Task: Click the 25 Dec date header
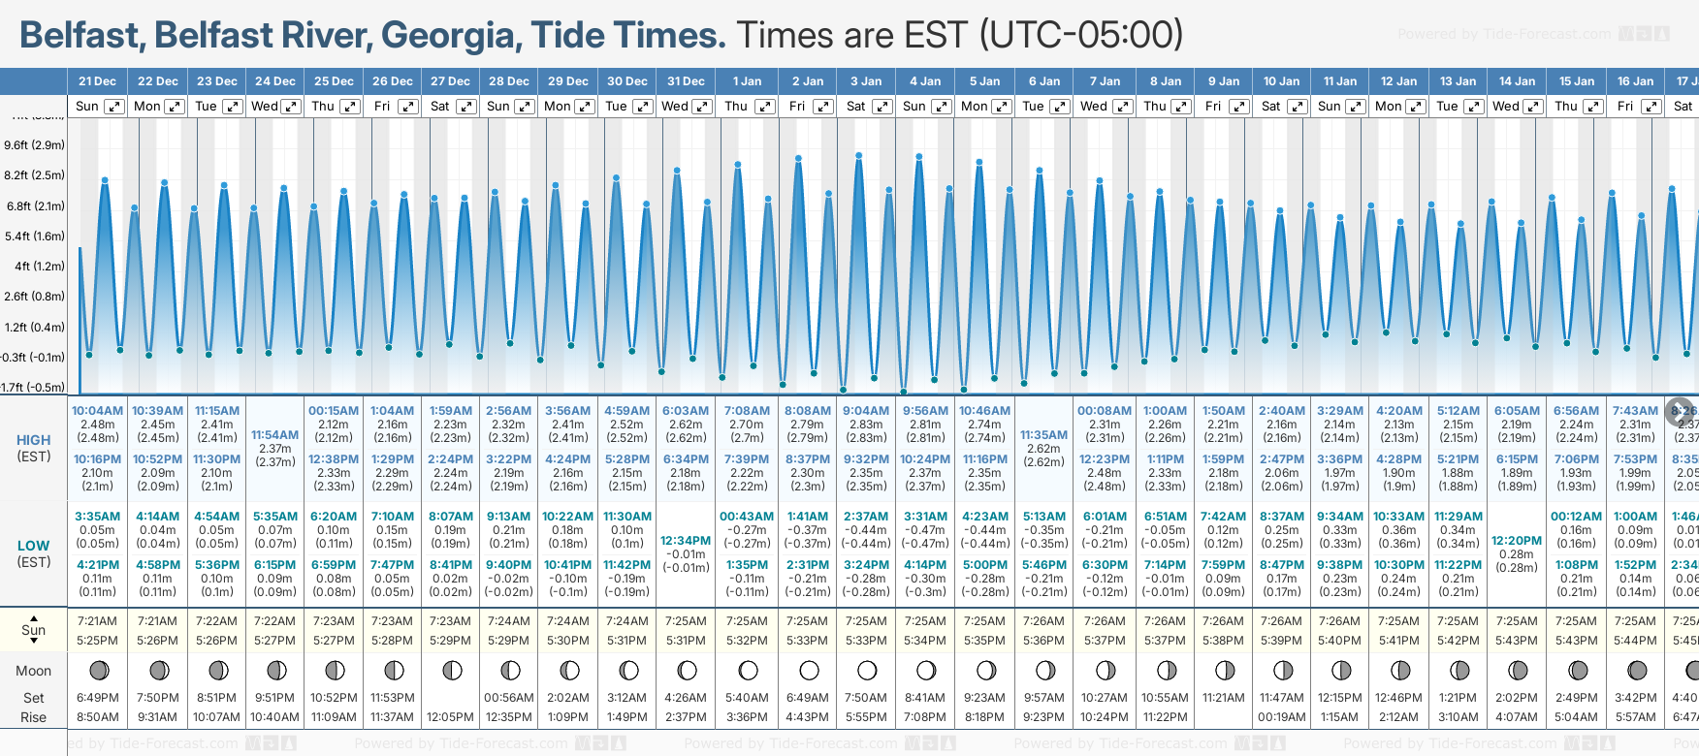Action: point(334,81)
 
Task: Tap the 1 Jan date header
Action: point(747,81)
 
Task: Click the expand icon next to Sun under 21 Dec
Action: point(114,107)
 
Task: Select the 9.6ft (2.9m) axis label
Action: point(34,145)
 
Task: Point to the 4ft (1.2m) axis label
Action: point(36,266)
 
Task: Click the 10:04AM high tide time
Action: point(97,411)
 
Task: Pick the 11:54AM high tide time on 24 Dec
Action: point(275,435)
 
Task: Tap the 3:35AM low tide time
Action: point(97,517)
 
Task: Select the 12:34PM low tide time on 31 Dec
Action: point(686,541)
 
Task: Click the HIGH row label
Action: point(33,440)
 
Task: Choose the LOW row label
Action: point(33,546)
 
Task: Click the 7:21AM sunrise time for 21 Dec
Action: point(97,621)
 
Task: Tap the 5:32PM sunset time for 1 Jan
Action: point(747,641)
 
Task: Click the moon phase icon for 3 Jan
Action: point(867,670)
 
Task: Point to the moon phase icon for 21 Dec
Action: point(98,670)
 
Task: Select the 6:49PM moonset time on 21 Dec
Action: point(97,698)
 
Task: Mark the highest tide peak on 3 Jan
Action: point(859,154)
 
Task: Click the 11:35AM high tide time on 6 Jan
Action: point(1043,435)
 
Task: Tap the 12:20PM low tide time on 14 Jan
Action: point(1517,541)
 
